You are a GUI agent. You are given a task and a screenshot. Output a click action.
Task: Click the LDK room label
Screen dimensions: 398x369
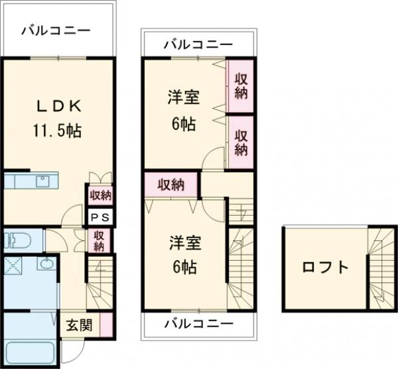point(59,106)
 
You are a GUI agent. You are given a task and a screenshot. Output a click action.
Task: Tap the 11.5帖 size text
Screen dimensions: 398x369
point(57,131)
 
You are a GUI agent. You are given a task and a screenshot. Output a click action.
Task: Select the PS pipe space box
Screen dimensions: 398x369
point(100,217)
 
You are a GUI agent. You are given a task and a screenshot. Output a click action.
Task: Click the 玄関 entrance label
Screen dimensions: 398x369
point(79,325)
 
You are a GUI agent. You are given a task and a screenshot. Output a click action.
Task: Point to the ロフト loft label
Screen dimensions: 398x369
point(325,267)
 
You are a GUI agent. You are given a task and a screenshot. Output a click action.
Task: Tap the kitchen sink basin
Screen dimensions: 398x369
point(43,181)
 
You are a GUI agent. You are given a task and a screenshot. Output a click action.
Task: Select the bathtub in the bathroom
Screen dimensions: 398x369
point(30,354)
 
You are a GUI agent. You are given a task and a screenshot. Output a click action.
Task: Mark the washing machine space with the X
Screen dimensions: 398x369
point(13,266)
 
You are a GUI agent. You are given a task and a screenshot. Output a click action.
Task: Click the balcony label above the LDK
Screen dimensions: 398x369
point(56,31)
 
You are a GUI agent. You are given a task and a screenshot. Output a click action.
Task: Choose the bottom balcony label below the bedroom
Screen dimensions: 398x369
point(199,324)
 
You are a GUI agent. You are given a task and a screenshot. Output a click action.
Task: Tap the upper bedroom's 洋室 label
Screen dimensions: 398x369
point(184,97)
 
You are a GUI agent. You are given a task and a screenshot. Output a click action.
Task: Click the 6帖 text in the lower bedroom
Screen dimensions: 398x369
point(184,267)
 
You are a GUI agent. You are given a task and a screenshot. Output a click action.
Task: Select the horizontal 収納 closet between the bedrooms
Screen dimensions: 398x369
point(171,184)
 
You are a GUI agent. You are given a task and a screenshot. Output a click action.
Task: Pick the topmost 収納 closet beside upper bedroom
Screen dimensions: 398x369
point(241,86)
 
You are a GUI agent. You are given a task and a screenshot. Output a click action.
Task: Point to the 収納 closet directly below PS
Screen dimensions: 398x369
point(99,241)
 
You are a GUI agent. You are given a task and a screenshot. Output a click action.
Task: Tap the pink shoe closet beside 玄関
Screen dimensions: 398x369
point(107,325)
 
